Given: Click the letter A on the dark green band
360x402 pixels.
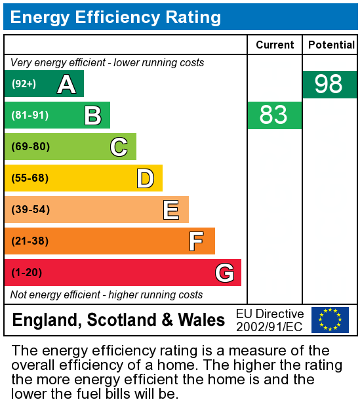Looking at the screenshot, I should pos(66,84).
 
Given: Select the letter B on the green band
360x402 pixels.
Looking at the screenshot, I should pos(92,115).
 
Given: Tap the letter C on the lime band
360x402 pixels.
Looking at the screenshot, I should pos(119,147).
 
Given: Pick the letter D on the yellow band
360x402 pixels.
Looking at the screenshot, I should pos(145,178).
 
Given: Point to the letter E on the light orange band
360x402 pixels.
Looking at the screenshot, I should pos(171,210).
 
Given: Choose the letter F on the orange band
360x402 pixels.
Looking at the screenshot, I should pos(196,241).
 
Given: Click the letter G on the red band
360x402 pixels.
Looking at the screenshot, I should pos(224,273).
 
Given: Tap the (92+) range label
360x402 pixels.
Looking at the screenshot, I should pos(24,84).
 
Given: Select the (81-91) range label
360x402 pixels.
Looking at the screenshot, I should pos(30,115).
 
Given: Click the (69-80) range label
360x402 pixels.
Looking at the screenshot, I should pos(31,147).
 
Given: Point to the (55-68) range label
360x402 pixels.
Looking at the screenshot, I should pos(31,178).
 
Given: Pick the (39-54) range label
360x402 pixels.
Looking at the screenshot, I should pos(31,210).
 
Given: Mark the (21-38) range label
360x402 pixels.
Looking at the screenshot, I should pos(31,241).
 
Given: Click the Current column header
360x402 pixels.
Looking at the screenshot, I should pos(275,45).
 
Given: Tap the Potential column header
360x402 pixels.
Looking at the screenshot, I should pos(331,45).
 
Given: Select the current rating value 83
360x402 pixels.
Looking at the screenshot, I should pos(273,115).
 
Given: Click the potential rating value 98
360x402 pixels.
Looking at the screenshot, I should pos(329,85).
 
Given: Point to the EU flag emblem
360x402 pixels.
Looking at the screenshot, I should pos(330,319).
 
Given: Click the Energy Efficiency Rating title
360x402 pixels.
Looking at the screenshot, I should pos(115,17).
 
